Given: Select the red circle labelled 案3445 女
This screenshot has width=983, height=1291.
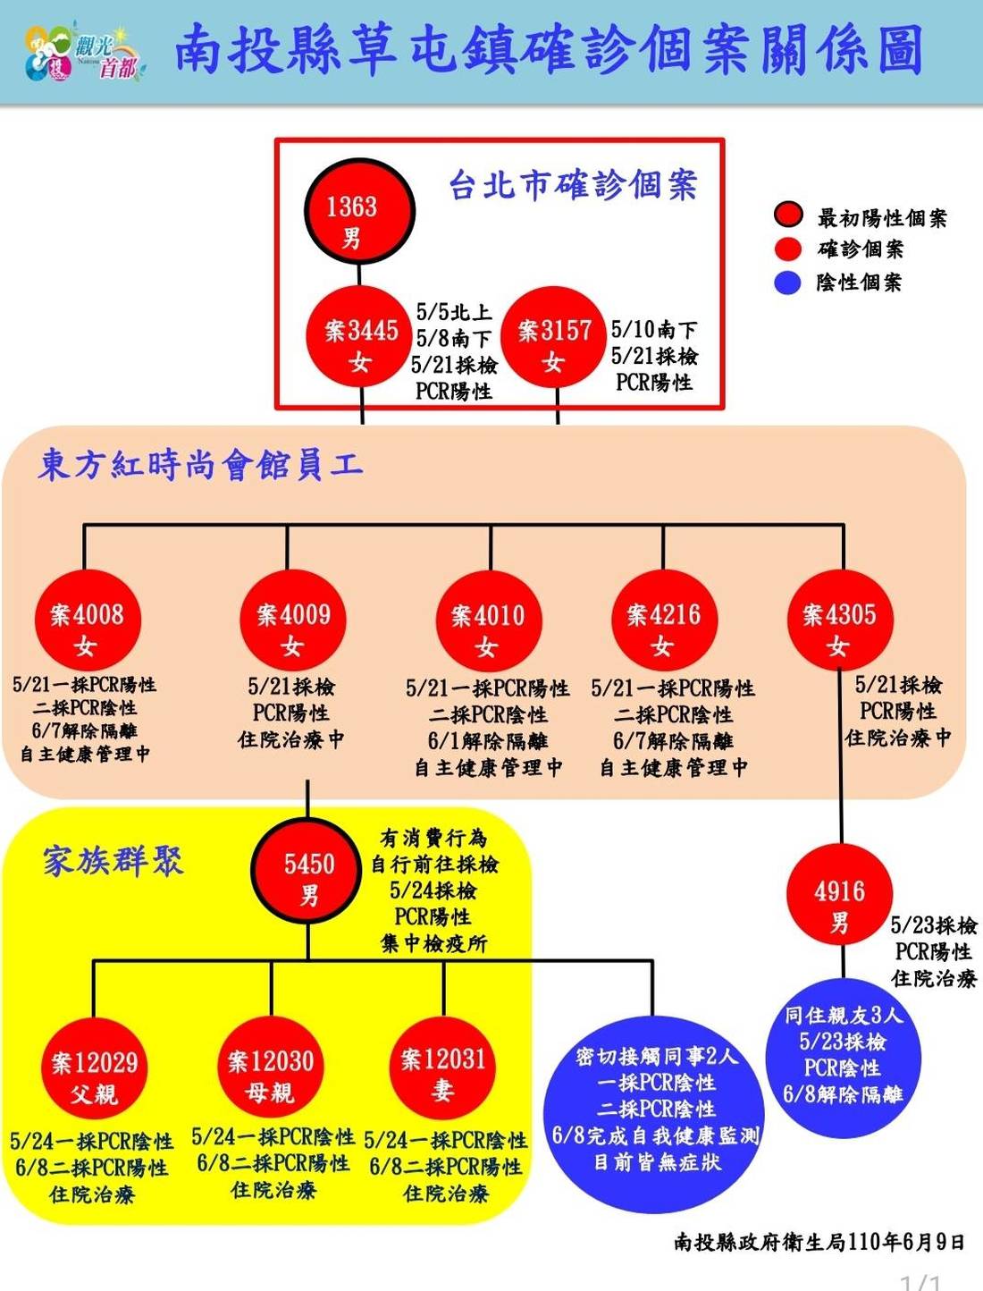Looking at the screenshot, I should (359, 338).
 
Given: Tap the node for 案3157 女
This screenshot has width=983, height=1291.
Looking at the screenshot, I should (554, 338).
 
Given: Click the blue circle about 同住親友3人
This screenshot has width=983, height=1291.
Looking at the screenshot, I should (843, 1057).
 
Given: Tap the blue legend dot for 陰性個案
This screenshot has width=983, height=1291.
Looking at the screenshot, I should (787, 283).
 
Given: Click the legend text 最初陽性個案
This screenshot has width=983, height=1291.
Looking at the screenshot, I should (881, 217).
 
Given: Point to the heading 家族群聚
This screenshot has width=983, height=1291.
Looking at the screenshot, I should (113, 861).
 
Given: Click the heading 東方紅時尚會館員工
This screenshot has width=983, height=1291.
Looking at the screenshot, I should (200, 464).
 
